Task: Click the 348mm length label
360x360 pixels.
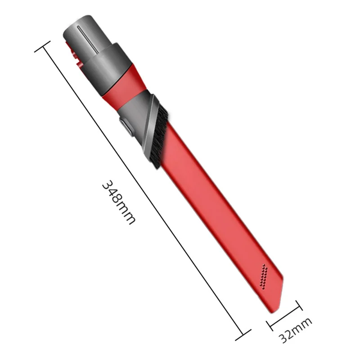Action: pyautogui.click(x=118, y=203)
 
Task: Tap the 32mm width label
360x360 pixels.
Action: pyautogui.click(x=295, y=329)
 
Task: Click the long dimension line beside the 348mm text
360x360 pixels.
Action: pyautogui.click(x=144, y=191)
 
